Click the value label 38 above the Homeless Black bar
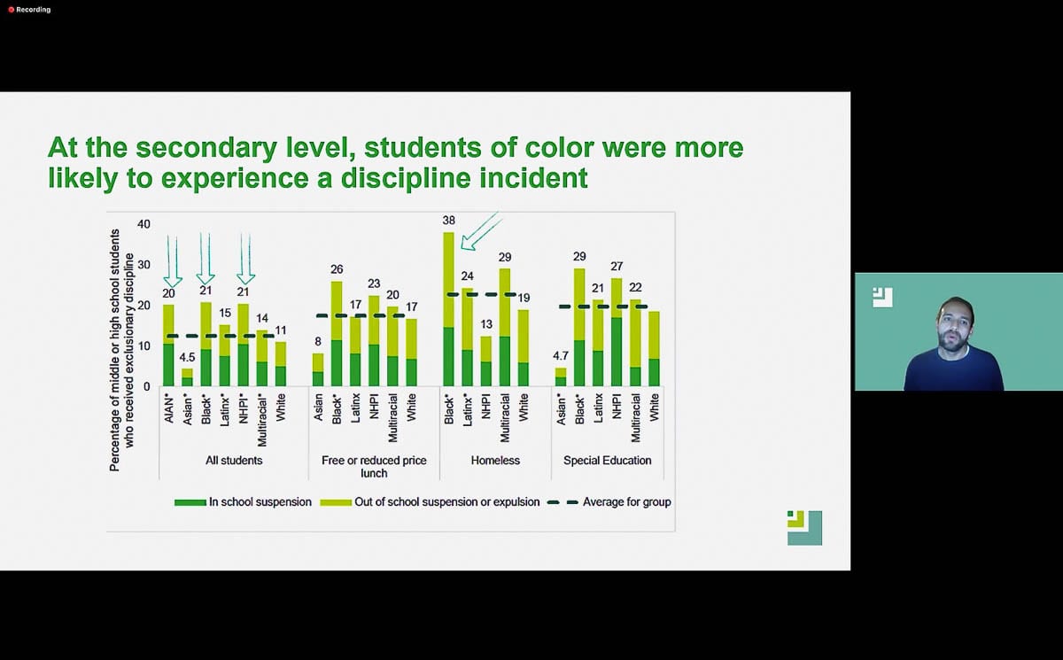coord(448,221)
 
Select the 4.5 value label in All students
coord(187,357)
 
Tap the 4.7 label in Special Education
coord(561,356)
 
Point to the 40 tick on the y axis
coord(144,224)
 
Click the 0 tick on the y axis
coord(147,387)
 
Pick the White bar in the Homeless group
coord(524,348)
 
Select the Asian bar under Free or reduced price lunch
coord(318,369)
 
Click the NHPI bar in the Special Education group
coord(617,332)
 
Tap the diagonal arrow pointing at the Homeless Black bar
coord(481,231)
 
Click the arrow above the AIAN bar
coord(173,262)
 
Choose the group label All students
coord(234,461)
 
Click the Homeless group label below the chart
coord(495,461)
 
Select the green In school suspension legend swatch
coord(190,502)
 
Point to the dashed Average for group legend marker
coord(563,502)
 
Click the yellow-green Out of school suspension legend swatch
coord(336,502)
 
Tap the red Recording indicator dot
coord(11,10)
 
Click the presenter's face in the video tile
coord(955,326)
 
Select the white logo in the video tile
coord(882,298)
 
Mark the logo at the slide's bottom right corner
coord(804,528)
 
